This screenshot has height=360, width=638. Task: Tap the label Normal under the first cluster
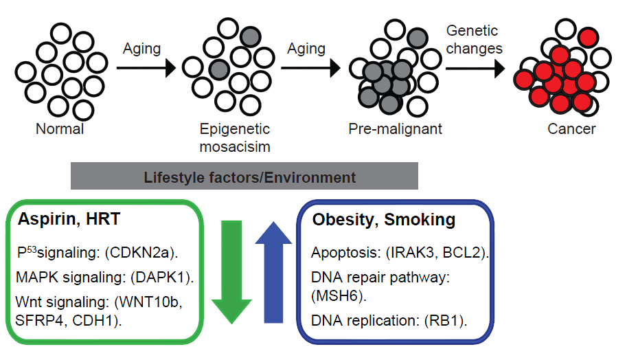(x=60, y=128)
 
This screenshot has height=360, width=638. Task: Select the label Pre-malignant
(x=395, y=128)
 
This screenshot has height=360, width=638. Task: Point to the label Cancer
(x=571, y=128)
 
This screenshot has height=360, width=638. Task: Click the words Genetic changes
(x=474, y=39)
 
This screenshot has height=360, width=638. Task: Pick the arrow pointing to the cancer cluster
(x=474, y=69)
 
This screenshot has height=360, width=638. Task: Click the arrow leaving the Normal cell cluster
(x=145, y=69)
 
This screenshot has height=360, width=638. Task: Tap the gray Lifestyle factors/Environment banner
(x=244, y=177)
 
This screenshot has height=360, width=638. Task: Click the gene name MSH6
(x=339, y=296)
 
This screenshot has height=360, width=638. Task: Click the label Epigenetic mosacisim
(x=235, y=136)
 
